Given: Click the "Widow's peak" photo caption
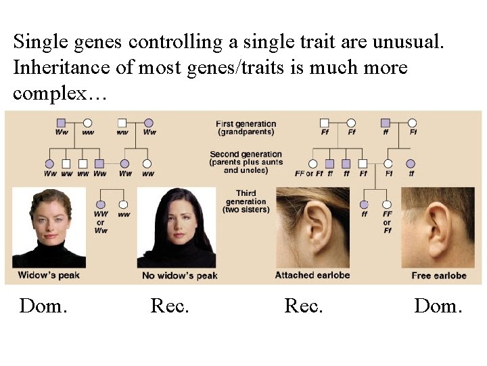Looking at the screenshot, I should click(x=48, y=275).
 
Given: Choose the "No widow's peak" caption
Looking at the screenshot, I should click(x=180, y=275).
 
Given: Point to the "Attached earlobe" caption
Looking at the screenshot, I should click(x=312, y=274).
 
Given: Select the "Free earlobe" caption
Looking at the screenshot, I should click(x=439, y=275).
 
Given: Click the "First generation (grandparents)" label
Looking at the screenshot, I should click(x=246, y=127).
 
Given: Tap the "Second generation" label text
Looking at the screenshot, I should click(x=246, y=155).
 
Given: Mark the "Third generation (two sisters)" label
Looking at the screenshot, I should click(x=246, y=201).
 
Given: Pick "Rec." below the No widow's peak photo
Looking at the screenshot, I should click(x=170, y=306).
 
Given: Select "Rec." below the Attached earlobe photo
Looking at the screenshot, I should click(x=304, y=306).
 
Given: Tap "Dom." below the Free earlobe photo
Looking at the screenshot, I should click(x=438, y=306).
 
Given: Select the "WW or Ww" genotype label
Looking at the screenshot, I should click(x=101, y=222).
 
